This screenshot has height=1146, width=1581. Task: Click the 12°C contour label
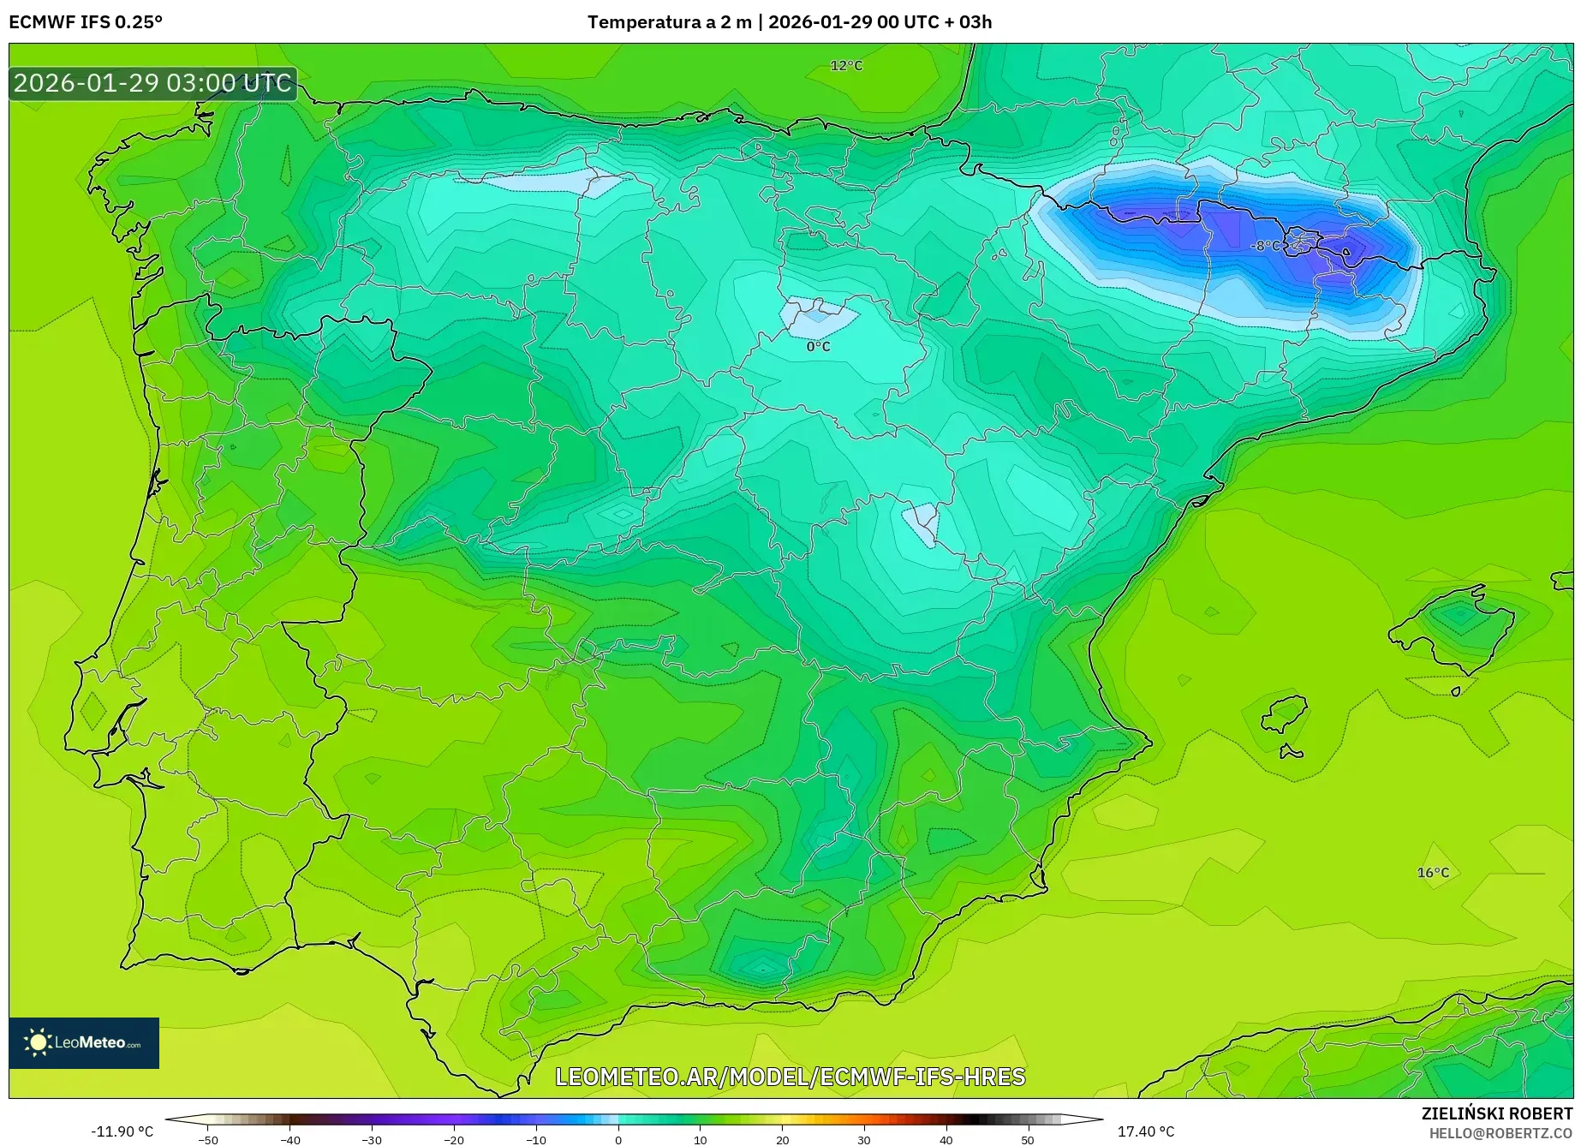(846, 66)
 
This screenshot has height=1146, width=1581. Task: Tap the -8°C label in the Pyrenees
(1265, 246)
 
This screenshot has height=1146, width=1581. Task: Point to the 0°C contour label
(818, 347)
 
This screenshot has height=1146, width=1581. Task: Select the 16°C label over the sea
(1433, 873)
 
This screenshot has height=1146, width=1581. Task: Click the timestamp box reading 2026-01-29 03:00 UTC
(153, 83)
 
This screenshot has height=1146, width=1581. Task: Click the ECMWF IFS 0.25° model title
(86, 22)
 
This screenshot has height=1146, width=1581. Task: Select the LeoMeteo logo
(84, 1042)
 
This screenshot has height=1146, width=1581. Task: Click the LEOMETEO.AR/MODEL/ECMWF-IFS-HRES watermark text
(790, 1077)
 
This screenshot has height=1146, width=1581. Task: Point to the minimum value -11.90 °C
(122, 1131)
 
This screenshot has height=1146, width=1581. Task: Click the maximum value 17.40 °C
(1146, 1131)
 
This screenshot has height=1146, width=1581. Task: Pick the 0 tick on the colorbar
(618, 1139)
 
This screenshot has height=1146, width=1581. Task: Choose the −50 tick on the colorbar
(208, 1139)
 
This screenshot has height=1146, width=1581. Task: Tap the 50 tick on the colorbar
(1028, 1139)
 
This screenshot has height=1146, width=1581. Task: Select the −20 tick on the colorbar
(454, 1139)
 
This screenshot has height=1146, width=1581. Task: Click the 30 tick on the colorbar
(864, 1139)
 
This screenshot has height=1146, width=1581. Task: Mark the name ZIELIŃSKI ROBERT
(1497, 1114)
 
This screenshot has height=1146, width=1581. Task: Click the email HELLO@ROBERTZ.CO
(1500, 1133)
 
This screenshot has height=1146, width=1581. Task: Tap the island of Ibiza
(1285, 714)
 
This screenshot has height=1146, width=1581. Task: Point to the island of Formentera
(1291, 753)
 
